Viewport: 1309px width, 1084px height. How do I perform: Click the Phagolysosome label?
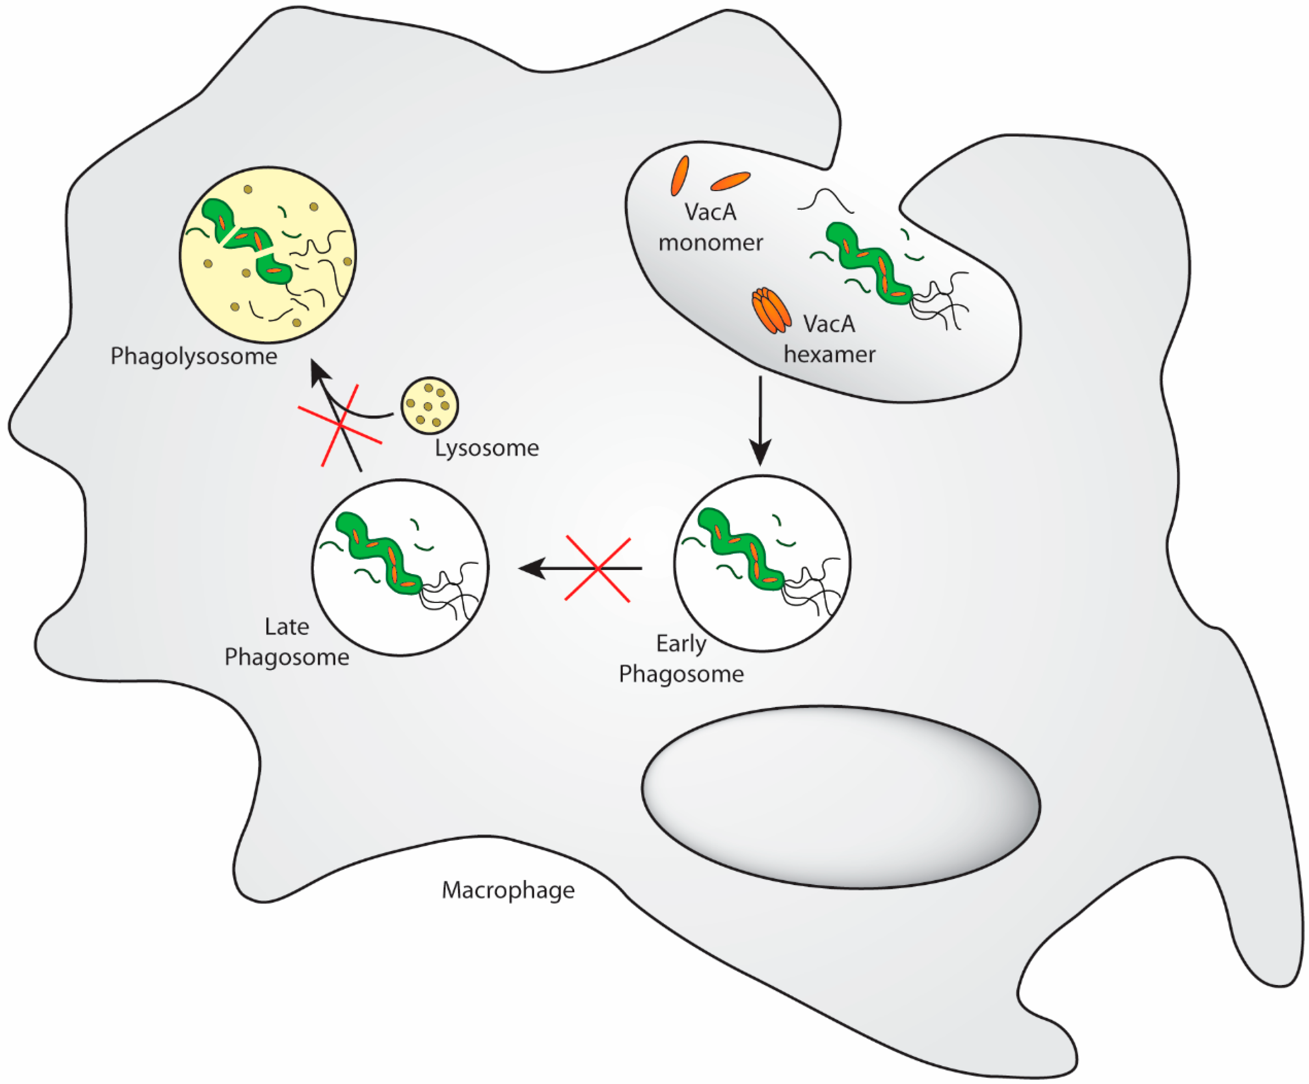(x=194, y=357)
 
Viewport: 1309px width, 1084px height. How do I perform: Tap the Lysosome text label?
(x=487, y=448)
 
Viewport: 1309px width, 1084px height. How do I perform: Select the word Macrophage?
(x=508, y=890)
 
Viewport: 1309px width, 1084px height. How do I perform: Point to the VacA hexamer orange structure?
(x=771, y=310)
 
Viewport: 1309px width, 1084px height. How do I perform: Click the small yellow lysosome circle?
(x=429, y=405)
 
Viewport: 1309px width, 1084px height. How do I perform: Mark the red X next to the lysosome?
(x=340, y=425)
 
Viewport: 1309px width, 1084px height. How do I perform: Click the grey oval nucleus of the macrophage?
(x=840, y=797)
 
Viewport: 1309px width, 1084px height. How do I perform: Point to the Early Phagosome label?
(x=681, y=659)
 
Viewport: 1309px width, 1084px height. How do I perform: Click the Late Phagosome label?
(x=287, y=641)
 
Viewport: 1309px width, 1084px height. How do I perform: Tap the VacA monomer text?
(x=711, y=227)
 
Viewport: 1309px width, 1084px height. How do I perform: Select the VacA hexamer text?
(x=829, y=339)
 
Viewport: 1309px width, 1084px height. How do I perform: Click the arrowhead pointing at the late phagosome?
(x=532, y=568)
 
